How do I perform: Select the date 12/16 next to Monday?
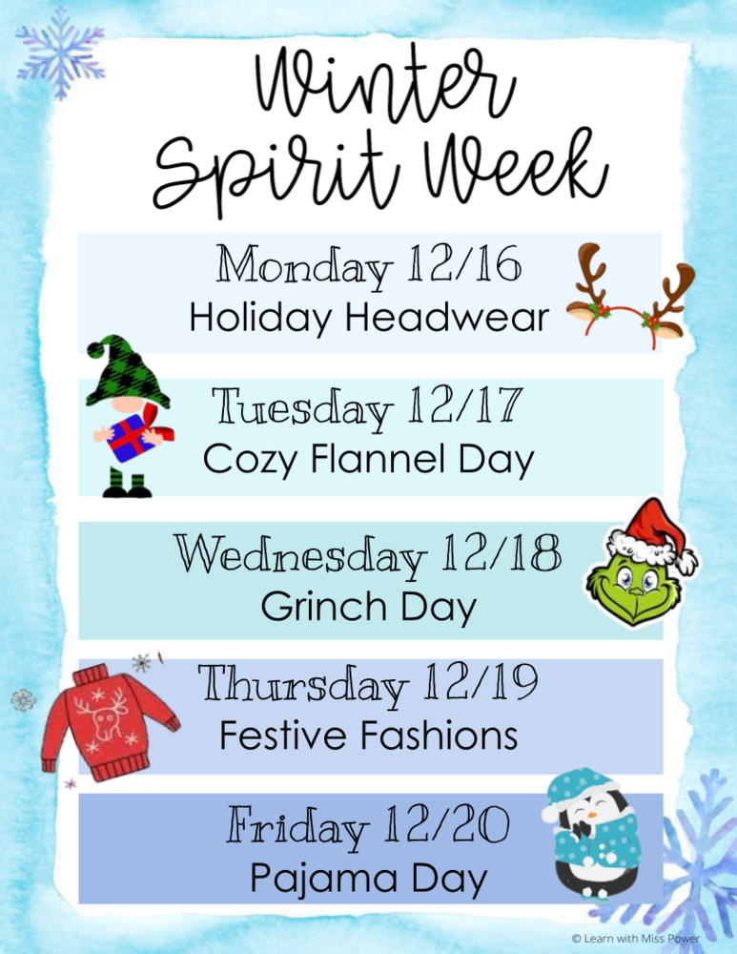point(464,265)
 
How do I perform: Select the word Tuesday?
point(303,408)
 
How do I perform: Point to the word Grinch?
point(311,607)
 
